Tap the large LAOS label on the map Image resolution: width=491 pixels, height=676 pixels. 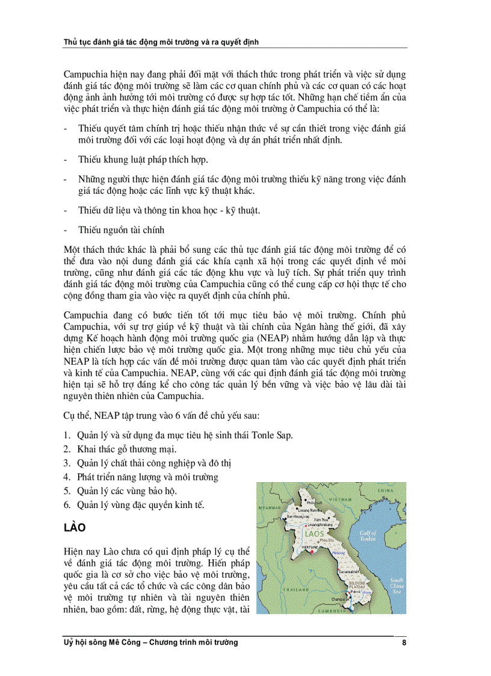315,534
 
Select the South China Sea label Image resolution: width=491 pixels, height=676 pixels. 397,585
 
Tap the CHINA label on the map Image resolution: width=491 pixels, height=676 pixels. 386,491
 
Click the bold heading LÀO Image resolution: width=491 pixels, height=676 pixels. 75,528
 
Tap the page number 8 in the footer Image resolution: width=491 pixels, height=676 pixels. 404,643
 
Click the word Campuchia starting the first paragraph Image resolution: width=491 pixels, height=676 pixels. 85,75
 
